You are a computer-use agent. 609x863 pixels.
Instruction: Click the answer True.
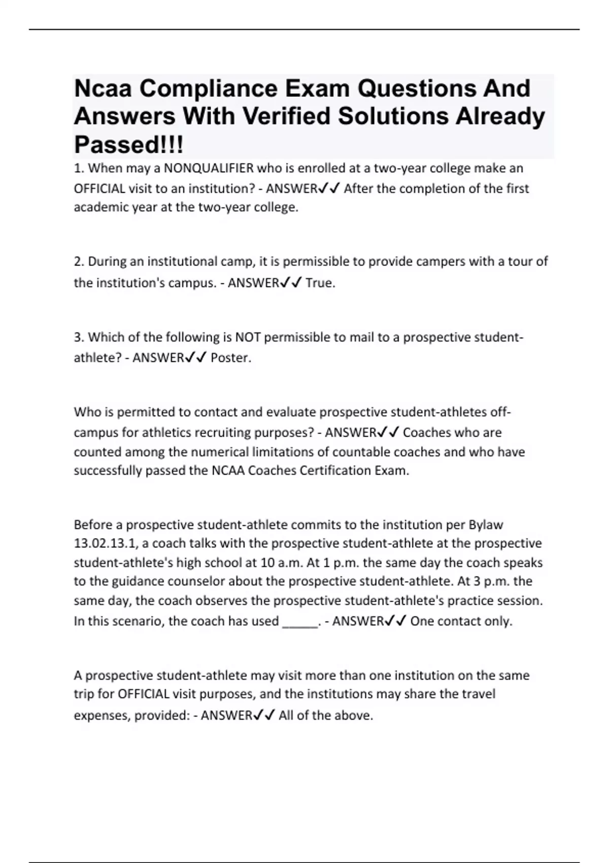click(320, 283)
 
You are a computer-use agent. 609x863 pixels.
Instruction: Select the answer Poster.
click(231, 358)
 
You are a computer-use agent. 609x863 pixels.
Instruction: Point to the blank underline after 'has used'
click(299, 622)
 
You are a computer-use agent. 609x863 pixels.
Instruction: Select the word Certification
click(335, 471)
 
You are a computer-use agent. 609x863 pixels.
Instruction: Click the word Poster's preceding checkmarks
click(196, 358)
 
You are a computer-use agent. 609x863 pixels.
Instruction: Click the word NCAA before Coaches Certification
click(227, 471)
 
